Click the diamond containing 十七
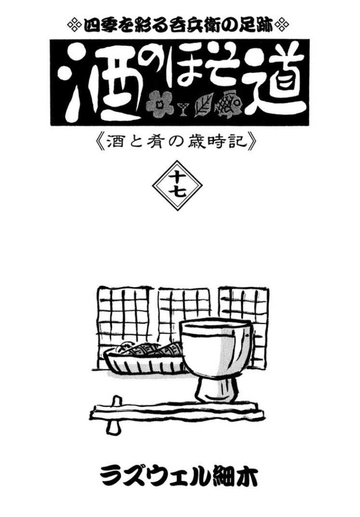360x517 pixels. [177, 185]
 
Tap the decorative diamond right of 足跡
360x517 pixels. [282, 25]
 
